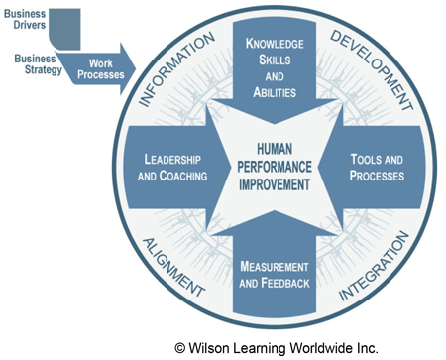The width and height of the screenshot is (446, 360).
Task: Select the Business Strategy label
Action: coord(27,62)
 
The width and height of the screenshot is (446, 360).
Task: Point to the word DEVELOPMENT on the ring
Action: coord(369,67)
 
